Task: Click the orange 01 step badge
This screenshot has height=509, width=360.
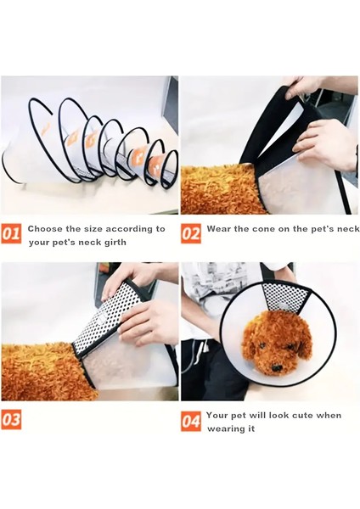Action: tap(11, 233)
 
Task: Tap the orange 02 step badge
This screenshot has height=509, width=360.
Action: tap(191, 233)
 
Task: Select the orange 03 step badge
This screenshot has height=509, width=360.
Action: tap(11, 420)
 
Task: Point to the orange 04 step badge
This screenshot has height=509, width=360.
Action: tap(191, 422)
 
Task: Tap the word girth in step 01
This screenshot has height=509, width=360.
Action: tap(115, 243)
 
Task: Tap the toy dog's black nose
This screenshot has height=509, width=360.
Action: tap(277, 368)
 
